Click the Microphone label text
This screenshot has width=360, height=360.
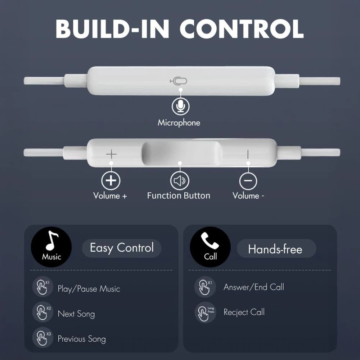point(179,123)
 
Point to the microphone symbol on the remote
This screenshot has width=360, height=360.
point(179,81)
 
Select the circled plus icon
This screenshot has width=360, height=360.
point(111,180)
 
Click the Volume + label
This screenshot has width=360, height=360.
point(110,196)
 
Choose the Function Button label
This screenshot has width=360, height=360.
point(179,196)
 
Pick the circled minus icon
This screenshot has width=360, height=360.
point(248,181)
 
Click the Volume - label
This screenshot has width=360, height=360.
point(248,196)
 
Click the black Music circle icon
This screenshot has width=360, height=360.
point(51,247)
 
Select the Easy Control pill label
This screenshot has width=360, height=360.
point(122,248)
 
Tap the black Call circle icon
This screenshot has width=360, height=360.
point(211,247)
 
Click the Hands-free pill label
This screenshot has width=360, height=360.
point(275,249)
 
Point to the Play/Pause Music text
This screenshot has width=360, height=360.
point(89,289)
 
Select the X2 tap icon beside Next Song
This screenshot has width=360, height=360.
point(43,312)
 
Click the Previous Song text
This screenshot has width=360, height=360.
point(82,339)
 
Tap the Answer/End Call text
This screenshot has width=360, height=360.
point(254,287)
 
